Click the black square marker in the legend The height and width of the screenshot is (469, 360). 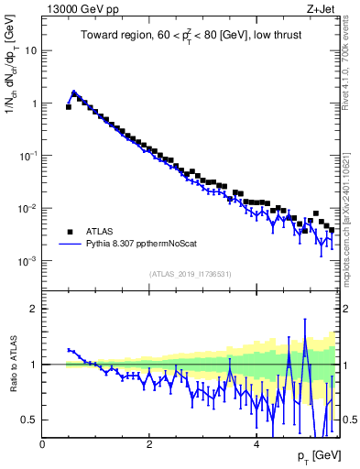coord(71,233)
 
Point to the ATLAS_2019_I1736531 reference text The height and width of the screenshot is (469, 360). coord(191,274)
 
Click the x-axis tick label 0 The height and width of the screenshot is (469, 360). coord(42,444)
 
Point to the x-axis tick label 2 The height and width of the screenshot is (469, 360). coord(149,444)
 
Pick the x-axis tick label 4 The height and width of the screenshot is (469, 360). coord(256,444)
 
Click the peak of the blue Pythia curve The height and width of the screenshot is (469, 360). coord(74,92)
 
